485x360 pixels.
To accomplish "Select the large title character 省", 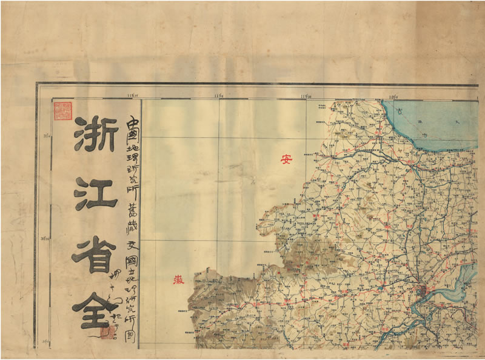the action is (96, 255).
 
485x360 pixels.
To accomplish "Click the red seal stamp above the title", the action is (62, 112).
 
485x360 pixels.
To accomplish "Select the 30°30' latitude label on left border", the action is (44, 239).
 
